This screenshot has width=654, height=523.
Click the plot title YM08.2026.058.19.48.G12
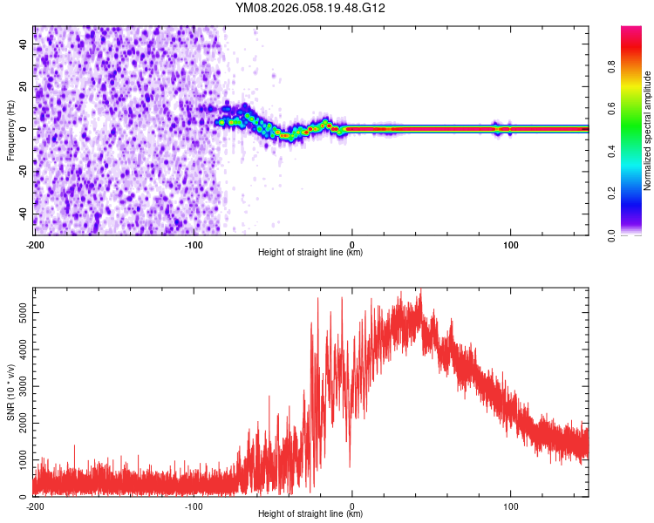[310, 9]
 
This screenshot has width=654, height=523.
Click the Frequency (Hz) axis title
[10, 129]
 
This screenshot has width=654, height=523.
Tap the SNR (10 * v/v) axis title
[10, 391]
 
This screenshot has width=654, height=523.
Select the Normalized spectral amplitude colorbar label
[647, 131]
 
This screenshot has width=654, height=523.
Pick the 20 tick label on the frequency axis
[24, 86]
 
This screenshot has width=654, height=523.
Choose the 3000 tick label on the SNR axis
[17, 384]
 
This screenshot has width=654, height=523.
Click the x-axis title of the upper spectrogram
[310, 253]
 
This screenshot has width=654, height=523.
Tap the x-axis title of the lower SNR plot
[310, 514]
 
